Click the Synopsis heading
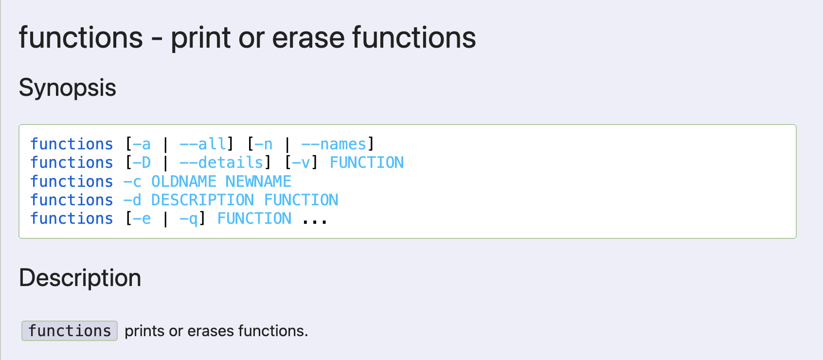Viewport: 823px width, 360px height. pyautogui.click(x=67, y=88)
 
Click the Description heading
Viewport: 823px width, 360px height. pyautogui.click(x=80, y=278)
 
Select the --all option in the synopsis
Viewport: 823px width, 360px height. pyautogui.click(x=203, y=144)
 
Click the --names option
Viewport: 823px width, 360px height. pyautogui.click(x=334, y=144)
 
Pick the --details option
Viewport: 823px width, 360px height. pyautogui.click(x=221, y=163)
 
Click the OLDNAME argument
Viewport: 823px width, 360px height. pyautogui.click(x=184, y=181)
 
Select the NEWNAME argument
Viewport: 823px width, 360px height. pyautogui.click(x=258, y=181)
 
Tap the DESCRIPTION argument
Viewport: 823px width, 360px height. pyautogui.click(x=202, y=200)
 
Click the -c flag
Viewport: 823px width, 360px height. pyautogui.click(x=132, y=181)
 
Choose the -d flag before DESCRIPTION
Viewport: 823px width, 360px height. pyautogui.click(x=132, y=200)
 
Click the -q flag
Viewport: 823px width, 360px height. pyautogui.click(x=189, y=219)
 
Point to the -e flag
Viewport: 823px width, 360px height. pyautogui.click(x=142, y=219)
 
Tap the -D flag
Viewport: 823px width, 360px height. pyautogui.click(x=142, y=163)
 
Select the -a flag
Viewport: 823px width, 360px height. pyautogui.click(x=142, y=144)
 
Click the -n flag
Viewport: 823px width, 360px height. pyautogui.click(x=264, y=144)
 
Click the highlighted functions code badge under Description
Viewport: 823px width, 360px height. pyautogui.click(x=70, y=331)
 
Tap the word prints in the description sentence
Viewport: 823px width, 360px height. pyautogui.click(x=144, y=331)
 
